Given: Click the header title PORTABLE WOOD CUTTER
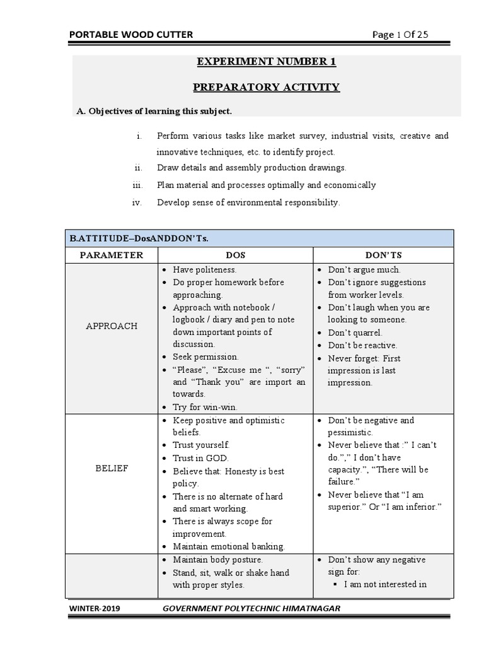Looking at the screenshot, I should [x=131, y=35].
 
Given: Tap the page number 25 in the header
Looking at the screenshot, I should [x=422, y=35].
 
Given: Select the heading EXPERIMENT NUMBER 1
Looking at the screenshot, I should [x=266, y=62].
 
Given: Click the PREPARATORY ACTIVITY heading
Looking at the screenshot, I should [x=266, y=87].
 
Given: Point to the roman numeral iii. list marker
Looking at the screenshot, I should [x=138, y=185].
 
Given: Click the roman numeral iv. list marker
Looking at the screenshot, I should [x=137, y=203].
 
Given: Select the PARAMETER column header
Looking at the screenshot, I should [x=112, y=255].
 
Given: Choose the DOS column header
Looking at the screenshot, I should [x=236, y=255].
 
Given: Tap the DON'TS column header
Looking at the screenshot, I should [x=383, y=255].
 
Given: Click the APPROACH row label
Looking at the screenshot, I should [x=112, y=326].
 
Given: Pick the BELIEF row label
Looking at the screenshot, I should [x=112, y=469].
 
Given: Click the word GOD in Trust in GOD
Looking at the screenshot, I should [x=217, y=458].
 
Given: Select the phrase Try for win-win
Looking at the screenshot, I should [x=205, y=408].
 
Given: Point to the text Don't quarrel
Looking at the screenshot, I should [x=355, y=332].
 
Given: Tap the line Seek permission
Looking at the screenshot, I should [x=205, y=357].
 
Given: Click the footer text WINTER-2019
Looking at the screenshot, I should [x=95, y=609].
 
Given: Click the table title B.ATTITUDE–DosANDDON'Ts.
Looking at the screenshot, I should [x=139, y=238].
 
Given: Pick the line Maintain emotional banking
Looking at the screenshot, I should [x=229, y=546].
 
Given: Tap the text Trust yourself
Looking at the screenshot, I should [x=201, y=445].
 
